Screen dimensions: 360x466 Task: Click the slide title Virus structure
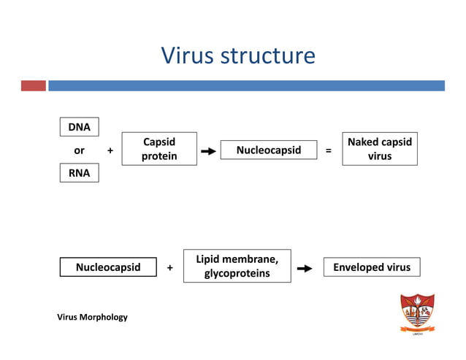(x=238, y=55)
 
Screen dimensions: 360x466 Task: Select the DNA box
(x=79, y=127)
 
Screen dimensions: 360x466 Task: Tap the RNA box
(x=79, y=173)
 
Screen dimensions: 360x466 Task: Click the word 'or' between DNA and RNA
(x=79, y=150)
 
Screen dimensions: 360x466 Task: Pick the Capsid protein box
(x=159, y=149)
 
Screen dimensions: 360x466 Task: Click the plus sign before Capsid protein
(x=110, y=150)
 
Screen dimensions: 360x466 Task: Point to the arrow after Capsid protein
(x=208, y=151)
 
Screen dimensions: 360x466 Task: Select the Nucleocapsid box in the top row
(x=269, y=150)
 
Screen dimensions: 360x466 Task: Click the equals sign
(x=328, y=150)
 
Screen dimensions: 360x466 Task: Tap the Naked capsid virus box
(x=379, y=149)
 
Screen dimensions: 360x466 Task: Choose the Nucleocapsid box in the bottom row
(x=108, y=267)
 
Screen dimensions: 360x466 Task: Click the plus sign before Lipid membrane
(x=170, y=268)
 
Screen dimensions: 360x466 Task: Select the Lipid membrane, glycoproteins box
(x=237, y=266)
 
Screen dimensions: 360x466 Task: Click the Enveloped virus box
(x=372, y=267)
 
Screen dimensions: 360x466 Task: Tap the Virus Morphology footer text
(x=93, y=317)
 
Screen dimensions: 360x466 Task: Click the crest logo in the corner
(x=417, y=314)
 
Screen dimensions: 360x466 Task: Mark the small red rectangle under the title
(x=33, y=85)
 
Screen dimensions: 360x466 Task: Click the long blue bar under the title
(x=246, y=85)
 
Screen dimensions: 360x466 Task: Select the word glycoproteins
(x=237, y=273)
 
